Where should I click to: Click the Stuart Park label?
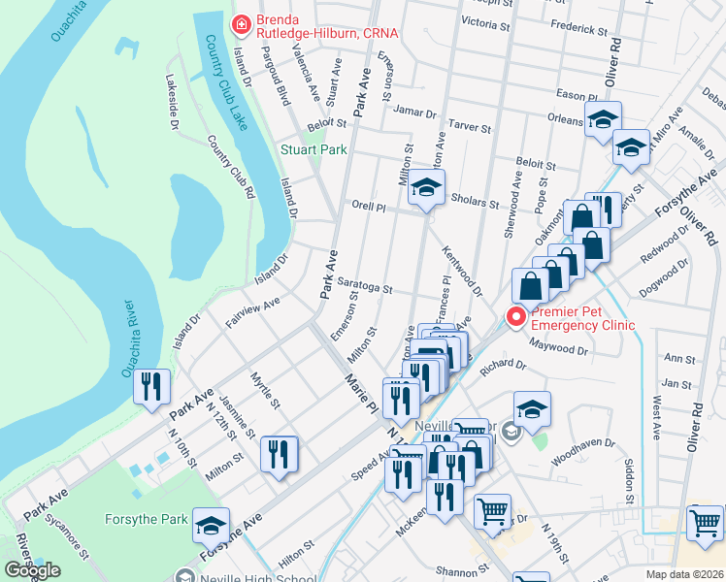point(313,150)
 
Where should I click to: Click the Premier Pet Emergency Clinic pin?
point(515,316)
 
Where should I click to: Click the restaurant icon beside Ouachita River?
point(152,386)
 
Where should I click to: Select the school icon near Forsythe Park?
point(211,525)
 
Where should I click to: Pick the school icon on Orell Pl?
point(424,187)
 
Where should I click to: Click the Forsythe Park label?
point(147,520)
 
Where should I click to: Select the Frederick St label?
point(578,29)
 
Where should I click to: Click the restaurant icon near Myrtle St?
point(279,453)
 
